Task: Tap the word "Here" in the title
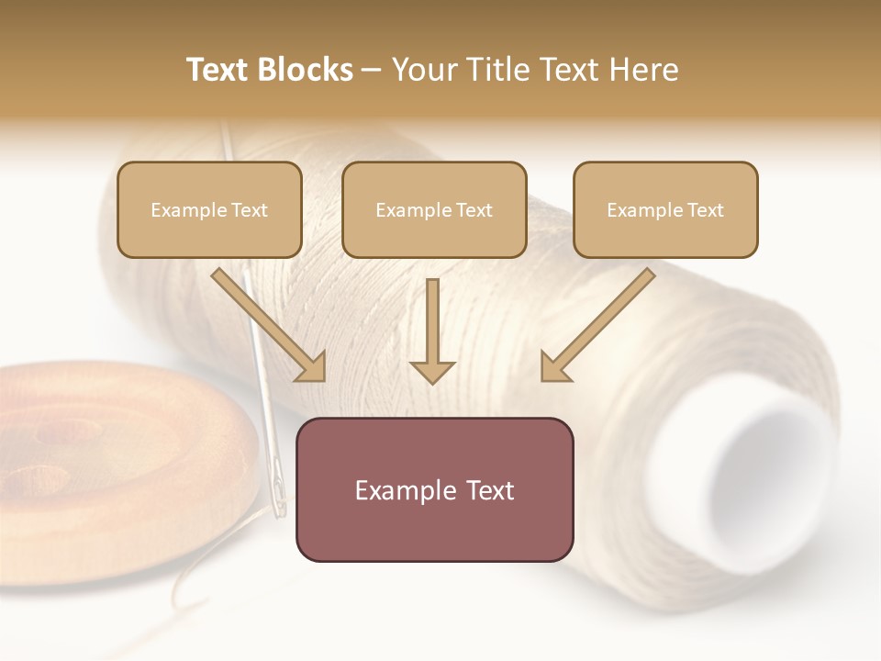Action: pyautogui.click(x=641, y=70)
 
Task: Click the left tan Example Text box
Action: pyautogui.click(x=209, y=209)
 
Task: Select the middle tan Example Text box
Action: pyautogui.click(x=434, y=209)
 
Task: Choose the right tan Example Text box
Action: pyautogui.click(x=665, y=209)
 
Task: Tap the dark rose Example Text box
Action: pyautogui.click(x=434, y=489)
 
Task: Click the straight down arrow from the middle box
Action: pyautogui.click(x=432, y=330)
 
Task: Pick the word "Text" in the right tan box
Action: pyautogui.click(x=704, y=210)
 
